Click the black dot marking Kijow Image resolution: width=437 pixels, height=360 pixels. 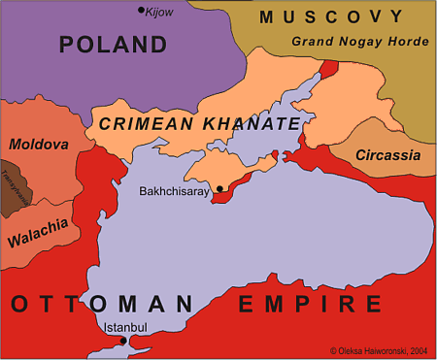pos(140,10)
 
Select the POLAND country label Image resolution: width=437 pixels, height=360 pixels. pos(113,45)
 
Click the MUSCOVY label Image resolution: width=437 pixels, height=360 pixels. pos(330,17)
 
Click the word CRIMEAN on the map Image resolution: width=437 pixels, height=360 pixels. pos(144,124)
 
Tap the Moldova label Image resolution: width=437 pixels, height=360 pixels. pos(38,145)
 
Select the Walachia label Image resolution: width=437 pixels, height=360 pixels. pos(38,232)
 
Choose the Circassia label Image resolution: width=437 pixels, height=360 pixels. pos(387,155)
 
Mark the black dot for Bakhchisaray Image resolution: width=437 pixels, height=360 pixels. pos(220,188)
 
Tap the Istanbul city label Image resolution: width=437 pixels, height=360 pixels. pos(125,328)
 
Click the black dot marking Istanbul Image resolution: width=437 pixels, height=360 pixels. pos(122,341)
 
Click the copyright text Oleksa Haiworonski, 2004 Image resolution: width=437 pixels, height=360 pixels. pos(380,350)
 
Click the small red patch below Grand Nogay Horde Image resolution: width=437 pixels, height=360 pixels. pos(330,68)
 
